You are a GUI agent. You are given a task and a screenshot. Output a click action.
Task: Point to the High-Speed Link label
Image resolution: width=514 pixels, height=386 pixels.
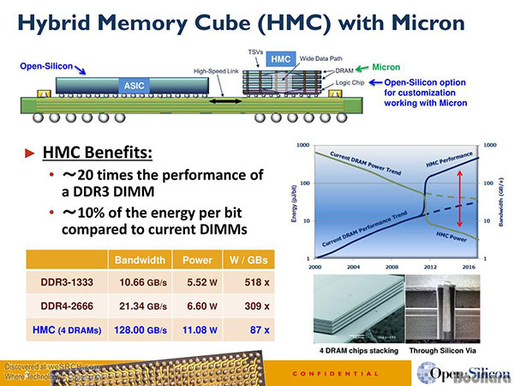pyautogui.click(x=216, y=71)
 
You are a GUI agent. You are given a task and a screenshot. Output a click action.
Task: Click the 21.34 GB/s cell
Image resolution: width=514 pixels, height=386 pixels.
pyautogui.click(x=137, y=305)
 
